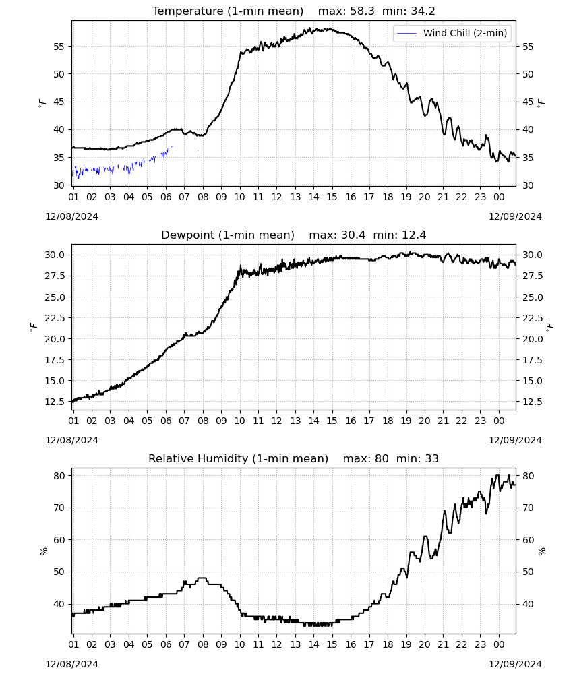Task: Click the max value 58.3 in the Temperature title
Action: (x=362, y=11)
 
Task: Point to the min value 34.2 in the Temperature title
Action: (x=423, y=11)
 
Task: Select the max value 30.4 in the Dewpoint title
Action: (x=353, y=235)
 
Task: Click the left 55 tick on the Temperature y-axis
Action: (x=59, y=47)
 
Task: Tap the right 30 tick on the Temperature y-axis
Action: (x=528, y=185)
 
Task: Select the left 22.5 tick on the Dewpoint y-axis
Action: (x=55, y=318)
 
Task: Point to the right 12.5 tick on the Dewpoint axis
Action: (x=533, y=402)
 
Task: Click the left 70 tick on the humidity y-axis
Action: (x=59, y=508)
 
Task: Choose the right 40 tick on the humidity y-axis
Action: (x=528, y=604)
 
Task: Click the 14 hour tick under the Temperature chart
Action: (x=313, y=197)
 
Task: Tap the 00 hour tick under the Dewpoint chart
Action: (x=499, y=421)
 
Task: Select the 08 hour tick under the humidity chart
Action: (x=203, y=645)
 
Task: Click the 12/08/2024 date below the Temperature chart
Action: (x=71, y=216)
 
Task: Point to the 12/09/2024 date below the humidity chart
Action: (x=515, y=664)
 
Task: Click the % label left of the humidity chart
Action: (x=43, y=551)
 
